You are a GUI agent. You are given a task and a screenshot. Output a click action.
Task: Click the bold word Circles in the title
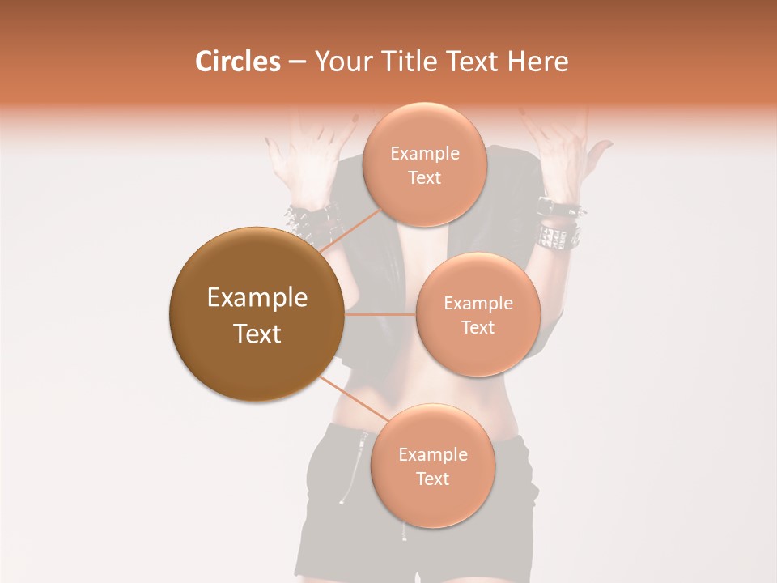coord(237,62)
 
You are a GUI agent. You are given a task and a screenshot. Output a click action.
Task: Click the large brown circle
coord(257,314)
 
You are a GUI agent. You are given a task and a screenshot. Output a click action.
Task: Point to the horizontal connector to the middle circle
coord(380,314)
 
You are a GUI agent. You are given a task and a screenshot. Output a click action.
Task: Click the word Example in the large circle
coord(257,298)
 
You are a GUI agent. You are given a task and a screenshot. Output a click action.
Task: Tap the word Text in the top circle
coord(424,178)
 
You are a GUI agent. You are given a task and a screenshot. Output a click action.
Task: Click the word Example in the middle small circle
coord(478,304)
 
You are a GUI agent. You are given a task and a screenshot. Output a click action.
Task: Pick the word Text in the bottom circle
coord(432,479)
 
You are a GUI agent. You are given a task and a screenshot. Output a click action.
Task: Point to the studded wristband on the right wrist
coord(558,235)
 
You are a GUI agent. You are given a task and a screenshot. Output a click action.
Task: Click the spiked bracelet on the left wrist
coord(312,219)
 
